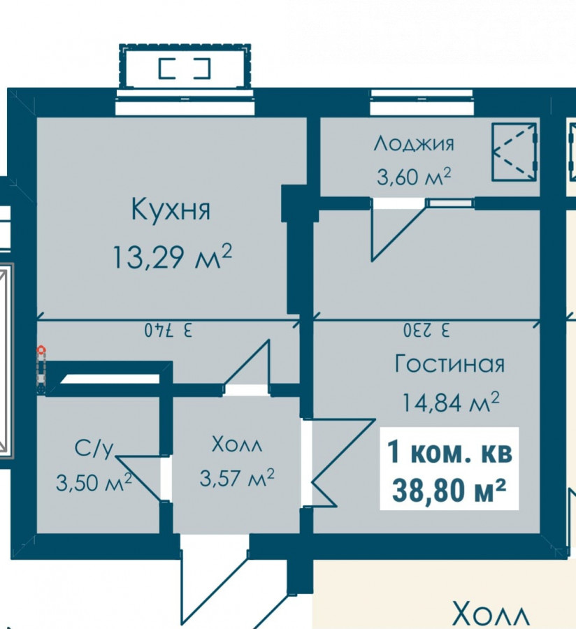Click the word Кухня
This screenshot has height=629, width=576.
tap(171, 209)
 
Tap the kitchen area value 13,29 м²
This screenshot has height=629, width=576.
tap(172, 256)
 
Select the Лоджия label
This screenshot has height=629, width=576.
tap(414, 143)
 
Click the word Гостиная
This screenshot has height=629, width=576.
tap(449, 364)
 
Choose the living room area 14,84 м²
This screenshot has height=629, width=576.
tap(450, 402)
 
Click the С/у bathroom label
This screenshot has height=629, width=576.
tap(94, 449)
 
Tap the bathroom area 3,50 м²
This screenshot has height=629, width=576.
tap(94, 482)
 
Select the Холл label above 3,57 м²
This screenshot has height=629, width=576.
tap(237, 444)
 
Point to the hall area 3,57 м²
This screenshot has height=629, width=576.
tap(237, 477)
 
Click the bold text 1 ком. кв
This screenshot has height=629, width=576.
tap(449, 452)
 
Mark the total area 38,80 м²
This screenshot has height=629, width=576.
tap(449, 490)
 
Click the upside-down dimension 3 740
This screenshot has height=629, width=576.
tap(168, 331)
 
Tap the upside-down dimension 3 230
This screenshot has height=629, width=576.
tap(426, 331)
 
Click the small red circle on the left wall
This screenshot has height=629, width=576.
tap(41, 351)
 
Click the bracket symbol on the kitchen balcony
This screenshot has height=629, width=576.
tap(185, 68)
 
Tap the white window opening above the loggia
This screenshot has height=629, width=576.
tap(422, 102)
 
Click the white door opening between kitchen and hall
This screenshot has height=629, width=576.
tap(246, 390)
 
